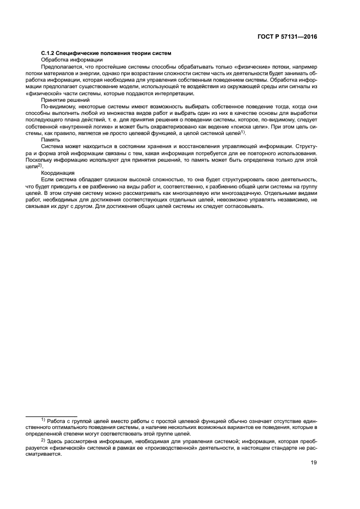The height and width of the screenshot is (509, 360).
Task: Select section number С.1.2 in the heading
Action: (50, 53)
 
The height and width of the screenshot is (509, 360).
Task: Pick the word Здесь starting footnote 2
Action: (56, 441)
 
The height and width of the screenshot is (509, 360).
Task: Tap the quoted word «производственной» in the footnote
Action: (179, 447)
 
